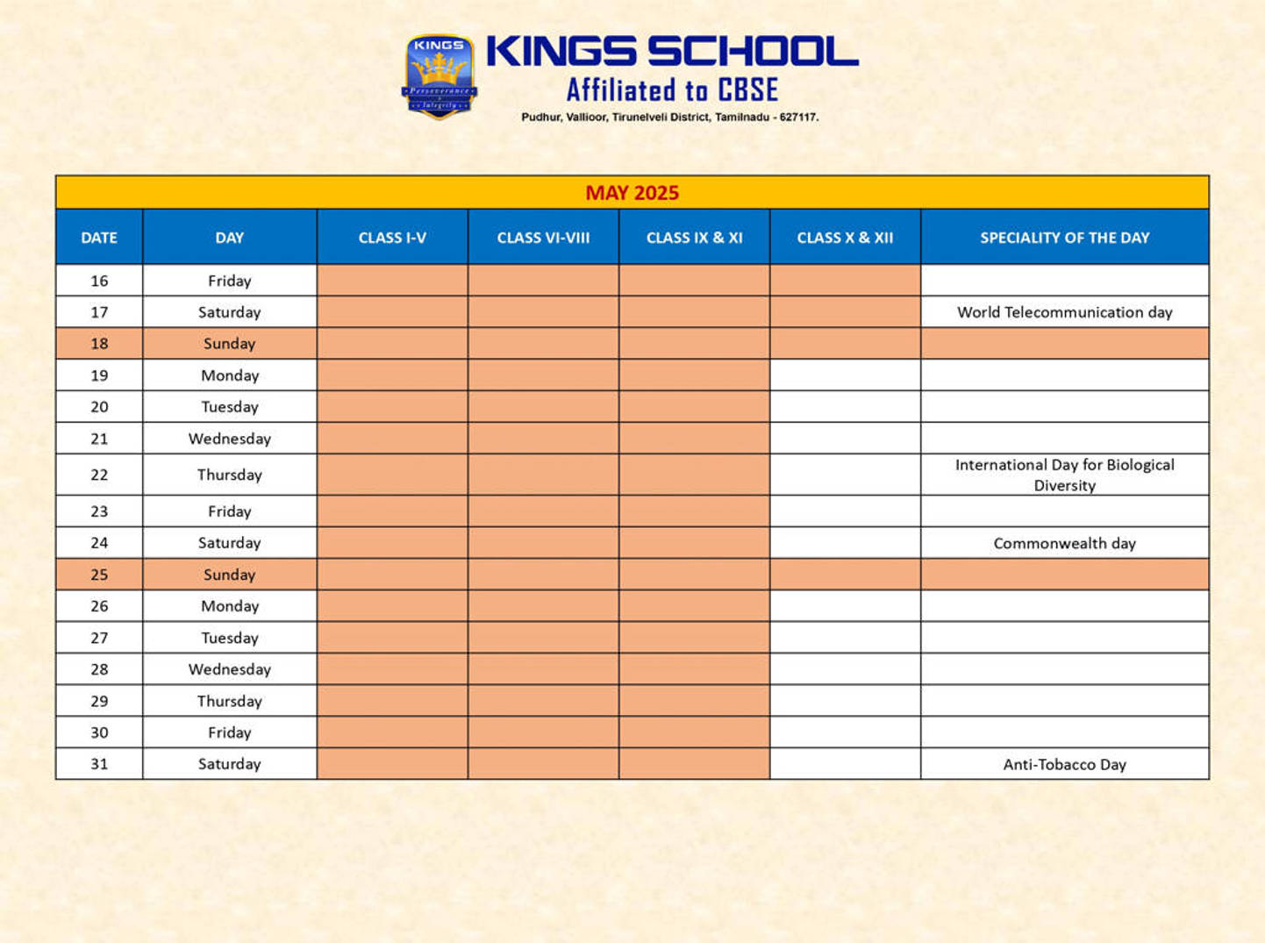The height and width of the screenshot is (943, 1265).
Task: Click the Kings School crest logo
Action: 439,76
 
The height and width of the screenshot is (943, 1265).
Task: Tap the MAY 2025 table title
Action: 632,193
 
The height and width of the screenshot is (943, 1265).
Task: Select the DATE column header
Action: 99,238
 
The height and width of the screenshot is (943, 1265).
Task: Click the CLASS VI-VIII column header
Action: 543,238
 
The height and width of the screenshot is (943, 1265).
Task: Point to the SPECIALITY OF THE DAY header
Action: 1064,238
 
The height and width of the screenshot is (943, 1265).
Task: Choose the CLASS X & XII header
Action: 845,238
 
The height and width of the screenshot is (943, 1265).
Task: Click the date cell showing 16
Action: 99,281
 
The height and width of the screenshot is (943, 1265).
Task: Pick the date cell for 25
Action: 99,575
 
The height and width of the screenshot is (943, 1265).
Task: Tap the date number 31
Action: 99,764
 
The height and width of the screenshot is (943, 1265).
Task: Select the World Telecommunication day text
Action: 1064,312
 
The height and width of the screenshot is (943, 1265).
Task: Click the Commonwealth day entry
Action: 1064,543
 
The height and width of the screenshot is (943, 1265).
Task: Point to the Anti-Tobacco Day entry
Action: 1064,764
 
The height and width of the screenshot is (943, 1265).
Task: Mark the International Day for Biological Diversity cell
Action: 1064,475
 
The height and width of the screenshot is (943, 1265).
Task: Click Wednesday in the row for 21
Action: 229,439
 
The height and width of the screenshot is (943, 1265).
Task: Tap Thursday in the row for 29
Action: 229,701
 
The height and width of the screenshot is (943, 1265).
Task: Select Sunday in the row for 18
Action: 229,344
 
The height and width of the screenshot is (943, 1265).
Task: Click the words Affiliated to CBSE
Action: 672,90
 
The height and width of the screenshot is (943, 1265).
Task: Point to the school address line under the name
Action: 669,117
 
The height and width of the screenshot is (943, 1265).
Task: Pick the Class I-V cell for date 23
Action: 392,511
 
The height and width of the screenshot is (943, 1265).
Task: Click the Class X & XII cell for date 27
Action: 845,638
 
